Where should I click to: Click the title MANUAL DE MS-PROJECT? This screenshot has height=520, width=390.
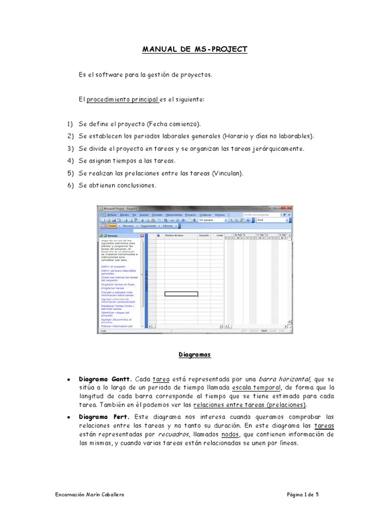(x=194, y=49)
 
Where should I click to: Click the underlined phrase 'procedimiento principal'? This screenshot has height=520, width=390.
(x=122, y=100)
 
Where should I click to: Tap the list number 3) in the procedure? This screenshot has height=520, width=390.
(x=70, y=149)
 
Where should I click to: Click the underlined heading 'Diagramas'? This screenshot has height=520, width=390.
(x=194, y=355)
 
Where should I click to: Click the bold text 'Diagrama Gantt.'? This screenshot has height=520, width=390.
(x=105, y=379)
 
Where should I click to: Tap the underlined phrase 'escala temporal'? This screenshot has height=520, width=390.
(x=246, y=388)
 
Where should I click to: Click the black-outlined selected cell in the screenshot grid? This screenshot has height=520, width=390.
(x=181, y=294)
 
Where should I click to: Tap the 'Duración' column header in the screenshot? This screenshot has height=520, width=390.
(x=204, y=236)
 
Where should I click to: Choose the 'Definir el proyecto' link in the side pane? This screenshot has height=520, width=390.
(x=113, y=266)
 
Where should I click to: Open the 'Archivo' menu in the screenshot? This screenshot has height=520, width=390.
(x=111, y=215)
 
